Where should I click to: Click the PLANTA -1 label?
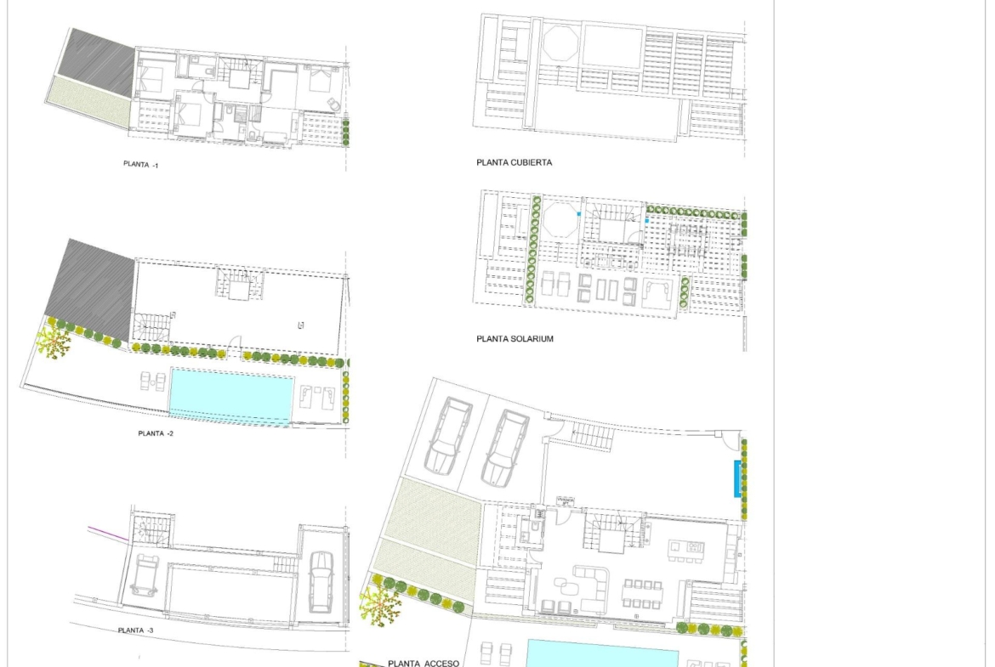[141, 164]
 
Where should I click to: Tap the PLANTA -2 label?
[156, 433]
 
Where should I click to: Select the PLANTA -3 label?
[135, 630]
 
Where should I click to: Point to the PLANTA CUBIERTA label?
[514, 162]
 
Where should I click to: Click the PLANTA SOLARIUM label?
[515, 338]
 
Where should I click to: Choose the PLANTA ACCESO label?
[424, 664]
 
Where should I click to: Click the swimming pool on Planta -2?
[231, 394]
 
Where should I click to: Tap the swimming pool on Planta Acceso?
[602, 653]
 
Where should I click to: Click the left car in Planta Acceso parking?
[449, 435]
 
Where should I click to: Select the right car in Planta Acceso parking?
[505, 449]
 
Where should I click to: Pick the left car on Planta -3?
[145, 575]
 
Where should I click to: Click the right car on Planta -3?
[321, 582]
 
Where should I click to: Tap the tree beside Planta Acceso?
[380, 606]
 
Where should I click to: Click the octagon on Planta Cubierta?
[560, 43]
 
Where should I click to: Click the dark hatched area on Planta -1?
[101, 61]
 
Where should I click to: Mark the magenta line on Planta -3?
[109, 534]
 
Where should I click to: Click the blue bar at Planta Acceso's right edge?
[737, 478]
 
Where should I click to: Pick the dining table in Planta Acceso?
[643, 594]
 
